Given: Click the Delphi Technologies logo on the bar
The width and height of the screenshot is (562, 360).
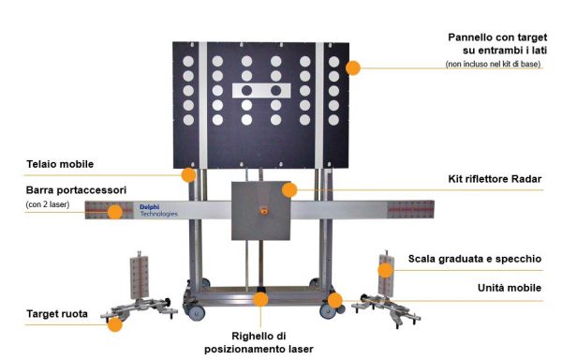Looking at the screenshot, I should coord(156,210).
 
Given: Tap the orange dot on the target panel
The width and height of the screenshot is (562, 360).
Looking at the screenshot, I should coord(353,67).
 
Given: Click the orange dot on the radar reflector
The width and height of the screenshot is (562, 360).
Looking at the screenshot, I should coord(289,189).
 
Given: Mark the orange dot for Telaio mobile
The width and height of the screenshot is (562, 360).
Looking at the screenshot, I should coord(188,174).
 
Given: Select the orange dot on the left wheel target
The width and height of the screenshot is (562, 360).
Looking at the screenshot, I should coord(114,324).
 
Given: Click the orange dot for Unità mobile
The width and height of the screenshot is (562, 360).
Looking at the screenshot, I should coord(334,300).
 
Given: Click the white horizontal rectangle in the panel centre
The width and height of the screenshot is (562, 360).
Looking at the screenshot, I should coord(256,90).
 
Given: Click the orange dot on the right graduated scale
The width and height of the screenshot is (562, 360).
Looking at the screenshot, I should coord(384,270).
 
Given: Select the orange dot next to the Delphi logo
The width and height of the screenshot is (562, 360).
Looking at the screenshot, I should coord(114,212).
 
